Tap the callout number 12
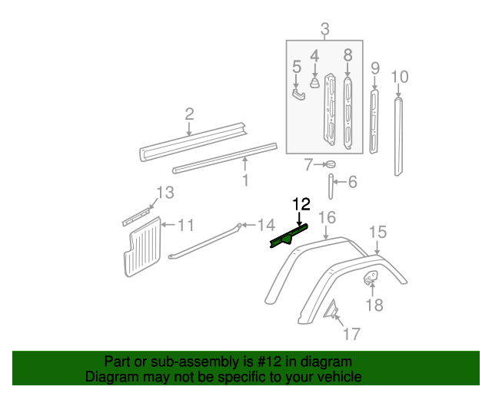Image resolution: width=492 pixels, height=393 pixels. (x=301, y=204)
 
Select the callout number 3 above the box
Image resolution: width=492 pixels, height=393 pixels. (x=325, y=30)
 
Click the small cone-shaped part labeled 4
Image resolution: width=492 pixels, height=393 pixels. (x=314, y=82)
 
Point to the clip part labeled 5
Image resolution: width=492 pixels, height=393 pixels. (x=298, y=94)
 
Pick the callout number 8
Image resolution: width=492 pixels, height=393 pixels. (x=347, y=55)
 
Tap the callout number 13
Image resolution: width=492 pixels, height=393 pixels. (x=166, y=192)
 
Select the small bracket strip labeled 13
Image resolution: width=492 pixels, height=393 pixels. (x=138, y=214)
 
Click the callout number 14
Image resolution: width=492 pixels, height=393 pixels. (x=265, y=225)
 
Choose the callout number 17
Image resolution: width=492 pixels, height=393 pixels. (x=351, y=334)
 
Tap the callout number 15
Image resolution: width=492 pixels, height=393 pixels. (x=377, y=232)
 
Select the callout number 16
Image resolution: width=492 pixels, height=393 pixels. (x=327, y=218)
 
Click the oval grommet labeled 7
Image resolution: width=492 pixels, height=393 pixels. (x=331, y=164)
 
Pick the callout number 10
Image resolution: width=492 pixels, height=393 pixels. (x=400, y=77)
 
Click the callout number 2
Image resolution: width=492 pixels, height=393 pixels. (x=189, y=114)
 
